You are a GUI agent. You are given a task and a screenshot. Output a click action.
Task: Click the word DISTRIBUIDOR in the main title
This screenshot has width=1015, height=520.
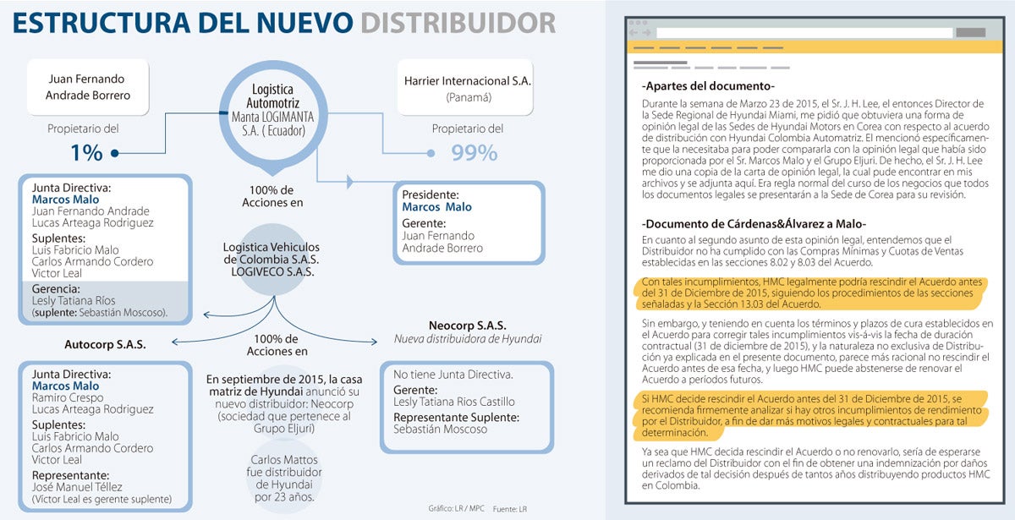pyautogui.click(x=458, y=23)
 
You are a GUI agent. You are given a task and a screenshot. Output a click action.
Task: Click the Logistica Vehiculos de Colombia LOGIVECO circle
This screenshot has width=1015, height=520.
pyautogui.click(x=272, y=259)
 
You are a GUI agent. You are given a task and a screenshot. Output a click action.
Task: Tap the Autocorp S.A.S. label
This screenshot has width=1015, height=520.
pyautogui.click(x=105, y=345)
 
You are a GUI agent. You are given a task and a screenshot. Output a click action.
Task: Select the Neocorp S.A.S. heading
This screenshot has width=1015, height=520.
pyautogui.click(x=466, y=325)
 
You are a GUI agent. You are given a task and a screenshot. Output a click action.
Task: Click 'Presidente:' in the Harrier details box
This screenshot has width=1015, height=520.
pyautogui.click(x=431, y=194)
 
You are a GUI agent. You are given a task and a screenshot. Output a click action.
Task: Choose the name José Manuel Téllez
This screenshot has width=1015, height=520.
pyautogui.click(x=77, y=487)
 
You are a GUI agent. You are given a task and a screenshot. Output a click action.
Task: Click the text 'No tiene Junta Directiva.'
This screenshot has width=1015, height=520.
pyautogui.click(x=454, y=374)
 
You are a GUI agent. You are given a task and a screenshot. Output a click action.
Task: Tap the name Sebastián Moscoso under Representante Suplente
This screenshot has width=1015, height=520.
pyautogui.click(x=440, y=429)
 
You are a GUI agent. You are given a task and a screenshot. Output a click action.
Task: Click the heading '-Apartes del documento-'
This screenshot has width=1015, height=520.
pyautogui.click(x=708, y=86)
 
